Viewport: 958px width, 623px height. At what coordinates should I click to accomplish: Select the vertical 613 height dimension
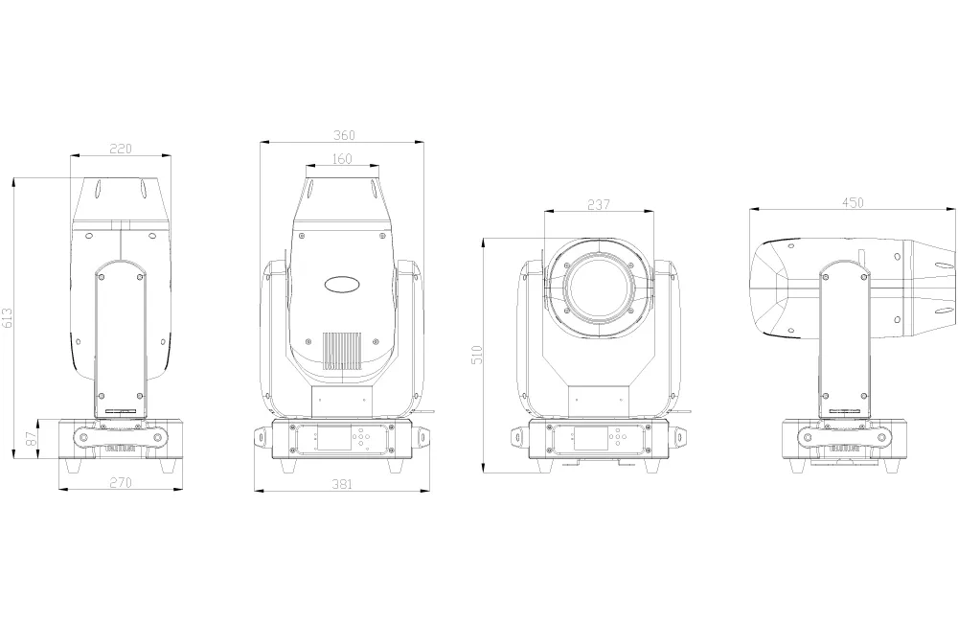click(9, 318)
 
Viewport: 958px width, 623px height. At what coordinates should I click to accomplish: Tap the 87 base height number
click(31, 439)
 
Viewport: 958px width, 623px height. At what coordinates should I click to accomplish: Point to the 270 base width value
click(119, 483)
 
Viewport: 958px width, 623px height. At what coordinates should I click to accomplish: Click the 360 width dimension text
click(342, 135)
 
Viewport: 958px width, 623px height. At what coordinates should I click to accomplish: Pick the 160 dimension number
click(342, 159)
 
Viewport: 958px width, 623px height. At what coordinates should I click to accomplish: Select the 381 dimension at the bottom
click(342, 485)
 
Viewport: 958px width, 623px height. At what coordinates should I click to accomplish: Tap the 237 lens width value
click(598, 205)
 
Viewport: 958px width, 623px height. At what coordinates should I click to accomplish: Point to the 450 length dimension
click(853, 201)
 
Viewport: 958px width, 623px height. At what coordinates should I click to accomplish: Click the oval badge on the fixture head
click(342, 284)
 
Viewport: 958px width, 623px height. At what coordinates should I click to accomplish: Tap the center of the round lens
click(598, 285)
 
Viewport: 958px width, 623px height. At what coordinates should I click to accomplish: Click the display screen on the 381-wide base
click(331, 439)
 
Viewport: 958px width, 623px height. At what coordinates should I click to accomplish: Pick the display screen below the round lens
click(587, 439)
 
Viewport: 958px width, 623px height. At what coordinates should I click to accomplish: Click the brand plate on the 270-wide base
click(120, 445)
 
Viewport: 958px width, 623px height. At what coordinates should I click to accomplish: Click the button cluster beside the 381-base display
click(362, 438)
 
